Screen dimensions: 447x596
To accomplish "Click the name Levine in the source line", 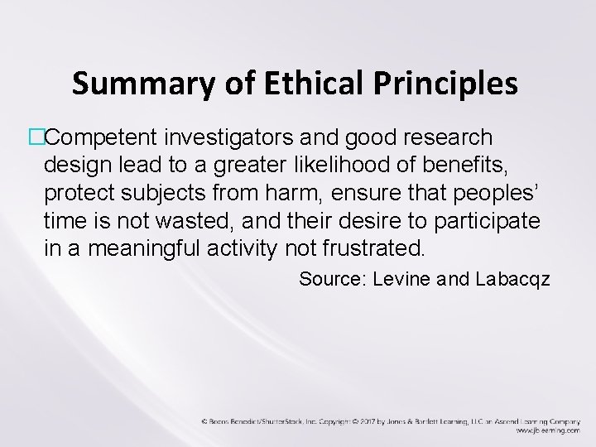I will point(402,279).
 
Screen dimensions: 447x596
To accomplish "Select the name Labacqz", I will point(513,279).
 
